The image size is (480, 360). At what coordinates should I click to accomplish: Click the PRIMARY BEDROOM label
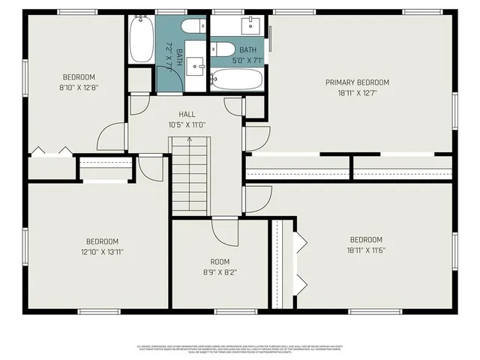(x=357, y=82)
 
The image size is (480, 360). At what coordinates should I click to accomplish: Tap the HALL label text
(x=187, y=115)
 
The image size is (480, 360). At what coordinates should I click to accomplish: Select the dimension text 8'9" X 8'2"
(x=220, y=271)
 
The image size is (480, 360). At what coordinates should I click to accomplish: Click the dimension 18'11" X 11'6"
(x=366, y=250)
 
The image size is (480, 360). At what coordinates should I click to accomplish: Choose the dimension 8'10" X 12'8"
(x=79, y=87)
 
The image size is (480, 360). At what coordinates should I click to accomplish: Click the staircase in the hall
(x=191, y=175)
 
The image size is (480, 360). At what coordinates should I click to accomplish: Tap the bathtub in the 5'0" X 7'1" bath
(x=236, y=77)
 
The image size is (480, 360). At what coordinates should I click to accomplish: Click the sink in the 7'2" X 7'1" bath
(x=199, y=66)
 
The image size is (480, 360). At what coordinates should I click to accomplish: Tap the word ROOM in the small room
(x=220, y=262)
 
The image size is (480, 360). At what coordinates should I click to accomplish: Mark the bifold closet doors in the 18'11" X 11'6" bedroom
(x=301, y=262)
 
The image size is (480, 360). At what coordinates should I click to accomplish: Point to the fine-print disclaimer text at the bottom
(x=240, y=349)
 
